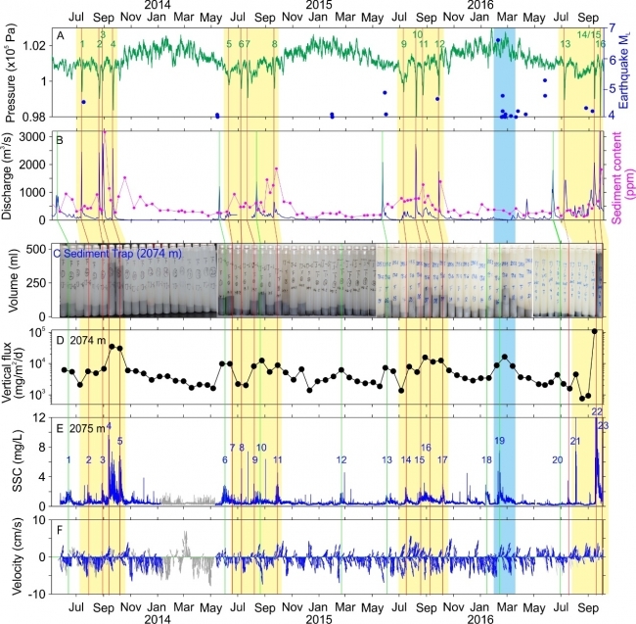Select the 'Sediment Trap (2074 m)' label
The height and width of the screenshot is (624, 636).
tap(110, 254)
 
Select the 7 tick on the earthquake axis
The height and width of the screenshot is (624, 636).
tap(612, 29)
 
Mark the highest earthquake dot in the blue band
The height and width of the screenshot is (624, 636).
tap(498, 40)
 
